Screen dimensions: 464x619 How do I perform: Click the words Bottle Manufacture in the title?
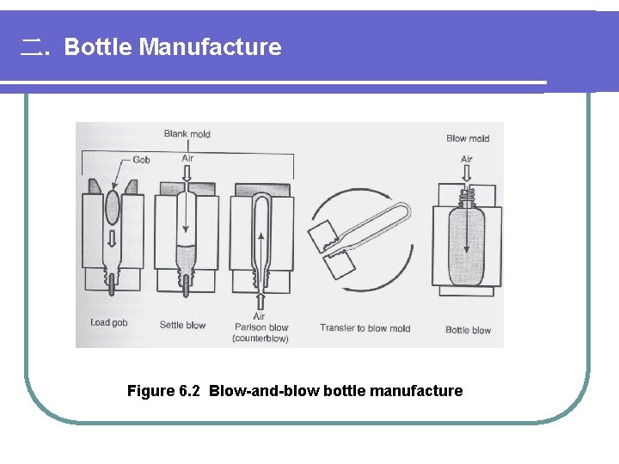tap(172, 46)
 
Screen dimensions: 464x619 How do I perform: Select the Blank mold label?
tap(187, 134)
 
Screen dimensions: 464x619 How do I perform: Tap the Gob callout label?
tap(142, 160)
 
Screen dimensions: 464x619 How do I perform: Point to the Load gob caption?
tap(109, 324)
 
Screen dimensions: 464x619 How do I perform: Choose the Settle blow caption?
tap(183, 325)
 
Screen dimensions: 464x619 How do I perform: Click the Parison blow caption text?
tap(261, 327)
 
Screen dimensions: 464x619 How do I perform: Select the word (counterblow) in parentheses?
tap(261, 339)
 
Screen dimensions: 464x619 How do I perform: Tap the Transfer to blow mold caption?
tap(365, 327)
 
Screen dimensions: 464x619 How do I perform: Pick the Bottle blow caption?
tap(469, 330)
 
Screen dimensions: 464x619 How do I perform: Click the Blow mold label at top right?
tap(468, 138)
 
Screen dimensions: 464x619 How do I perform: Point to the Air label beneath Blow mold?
tap(466, 159)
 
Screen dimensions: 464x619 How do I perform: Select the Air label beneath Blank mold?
tap(187, 158)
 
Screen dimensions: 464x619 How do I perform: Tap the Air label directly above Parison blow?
tap(259, 316)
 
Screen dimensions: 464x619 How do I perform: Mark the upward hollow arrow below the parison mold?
tap(259, 300)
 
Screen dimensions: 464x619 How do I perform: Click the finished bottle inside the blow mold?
tap(466, 245)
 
